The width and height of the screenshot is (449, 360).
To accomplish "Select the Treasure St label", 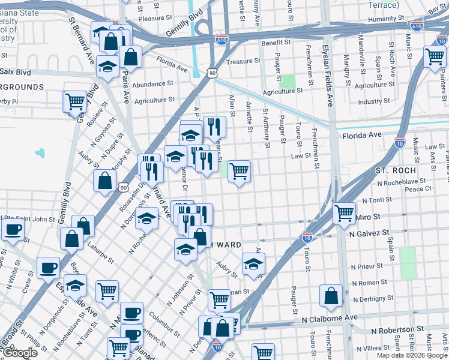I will point(243,61).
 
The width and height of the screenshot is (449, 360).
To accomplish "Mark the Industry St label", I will point(374,101).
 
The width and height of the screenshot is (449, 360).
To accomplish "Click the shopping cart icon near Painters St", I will point(435,57).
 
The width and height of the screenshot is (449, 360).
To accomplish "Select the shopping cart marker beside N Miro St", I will point(344,212).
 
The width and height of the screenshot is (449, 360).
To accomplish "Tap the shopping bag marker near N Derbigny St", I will point(331,295).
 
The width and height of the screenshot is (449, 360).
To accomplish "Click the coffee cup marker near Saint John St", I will point(13,229).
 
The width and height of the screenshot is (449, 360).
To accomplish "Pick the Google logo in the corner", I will point(20,353).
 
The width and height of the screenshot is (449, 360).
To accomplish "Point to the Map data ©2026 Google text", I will point(411,355).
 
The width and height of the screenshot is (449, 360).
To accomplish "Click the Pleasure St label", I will point(155,19).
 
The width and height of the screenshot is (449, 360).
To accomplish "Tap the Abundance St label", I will point(153,84).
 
